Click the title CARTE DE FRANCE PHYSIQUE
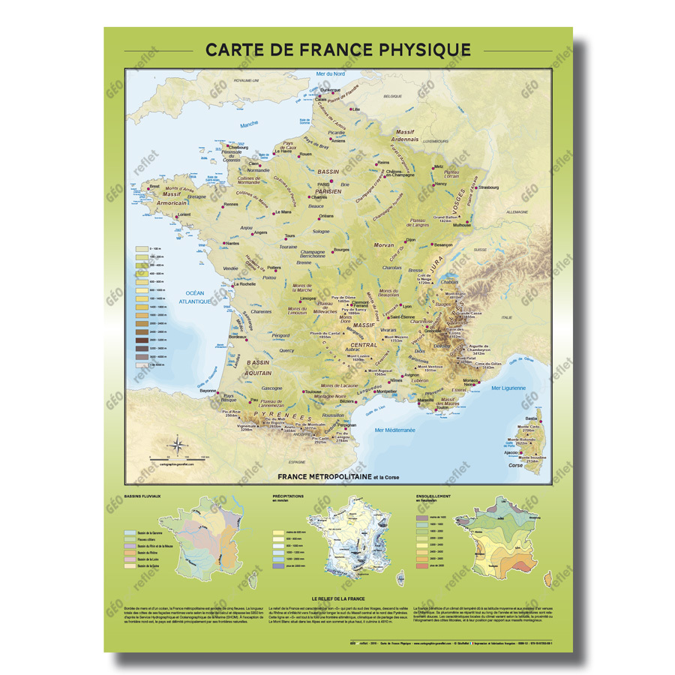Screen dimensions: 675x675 click(x=338, y=50)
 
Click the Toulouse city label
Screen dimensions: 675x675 click(x=313, y=391)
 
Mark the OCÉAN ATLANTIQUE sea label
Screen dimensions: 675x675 click(x=194, y=296)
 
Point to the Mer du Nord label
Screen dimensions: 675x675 click(x=330, y=73)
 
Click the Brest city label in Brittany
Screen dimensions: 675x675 click(x=154, y=187)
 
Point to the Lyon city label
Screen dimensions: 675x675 click(x=407, y=306)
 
